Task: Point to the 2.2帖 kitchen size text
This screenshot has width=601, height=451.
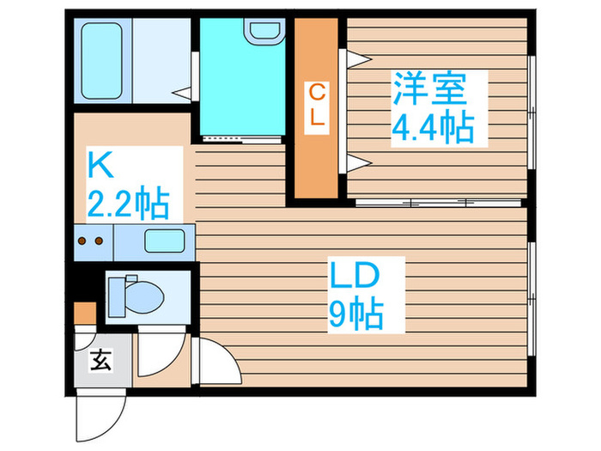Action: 128,204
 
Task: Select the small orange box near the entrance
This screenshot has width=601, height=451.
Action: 84,312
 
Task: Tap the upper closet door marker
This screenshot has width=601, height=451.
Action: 356,58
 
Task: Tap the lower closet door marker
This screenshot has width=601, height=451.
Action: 356,162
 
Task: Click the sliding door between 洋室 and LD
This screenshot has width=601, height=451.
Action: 438,203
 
